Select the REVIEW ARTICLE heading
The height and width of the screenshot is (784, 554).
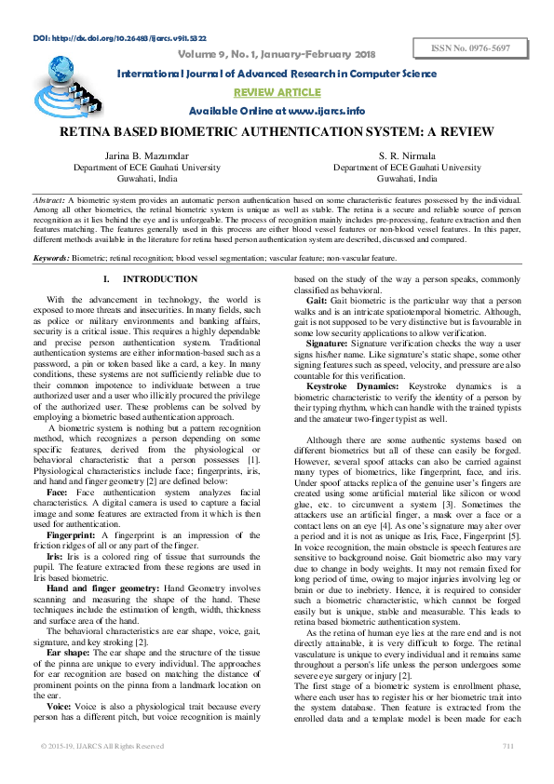277,93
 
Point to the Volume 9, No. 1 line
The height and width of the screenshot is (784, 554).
276,54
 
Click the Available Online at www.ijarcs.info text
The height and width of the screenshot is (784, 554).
277,111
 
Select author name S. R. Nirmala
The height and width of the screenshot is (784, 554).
407,155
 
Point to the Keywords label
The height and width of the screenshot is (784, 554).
51,257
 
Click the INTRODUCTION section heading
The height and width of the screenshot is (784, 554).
147,279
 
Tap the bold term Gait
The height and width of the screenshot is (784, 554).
316,301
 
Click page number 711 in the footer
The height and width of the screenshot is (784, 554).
507,772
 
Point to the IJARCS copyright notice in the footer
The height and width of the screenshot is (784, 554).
102,772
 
